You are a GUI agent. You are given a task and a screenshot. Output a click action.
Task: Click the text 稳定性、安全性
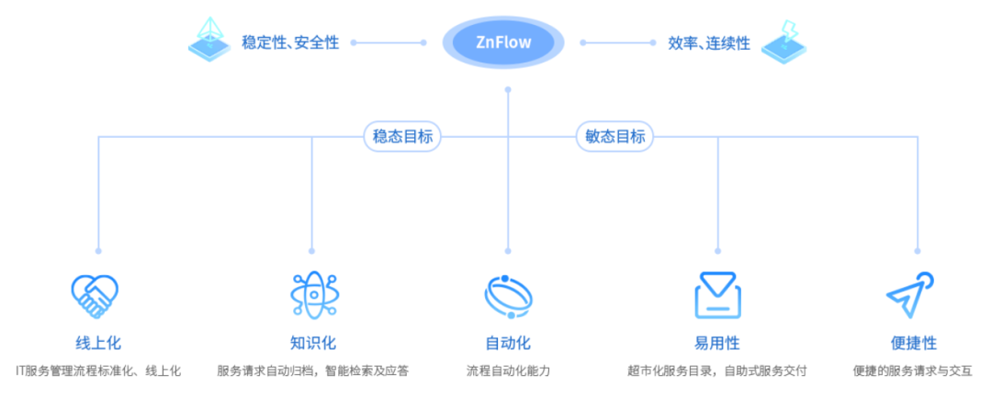(x=290, y=42)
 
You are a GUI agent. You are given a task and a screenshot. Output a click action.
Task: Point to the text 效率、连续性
(x=709, y=43)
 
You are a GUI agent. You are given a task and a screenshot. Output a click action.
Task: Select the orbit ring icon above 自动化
(x=508, y=295)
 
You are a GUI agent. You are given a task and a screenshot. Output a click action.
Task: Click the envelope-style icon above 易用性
(x=716, y=294)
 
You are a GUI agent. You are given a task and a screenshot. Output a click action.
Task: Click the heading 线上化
(x=98, y=343)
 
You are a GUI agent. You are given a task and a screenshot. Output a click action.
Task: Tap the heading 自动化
(x=508, y=343)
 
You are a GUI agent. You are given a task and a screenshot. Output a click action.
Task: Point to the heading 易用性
(x=717, y=343)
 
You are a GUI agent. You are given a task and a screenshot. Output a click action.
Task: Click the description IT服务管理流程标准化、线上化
(x=98, y=371)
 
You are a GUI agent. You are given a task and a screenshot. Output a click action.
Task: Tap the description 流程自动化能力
(x=508, y=371)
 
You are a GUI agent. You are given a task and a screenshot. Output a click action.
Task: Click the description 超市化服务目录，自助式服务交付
(x=717, y=371)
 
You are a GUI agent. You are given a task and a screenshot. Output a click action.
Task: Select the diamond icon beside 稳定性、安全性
(x=209, y=39)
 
